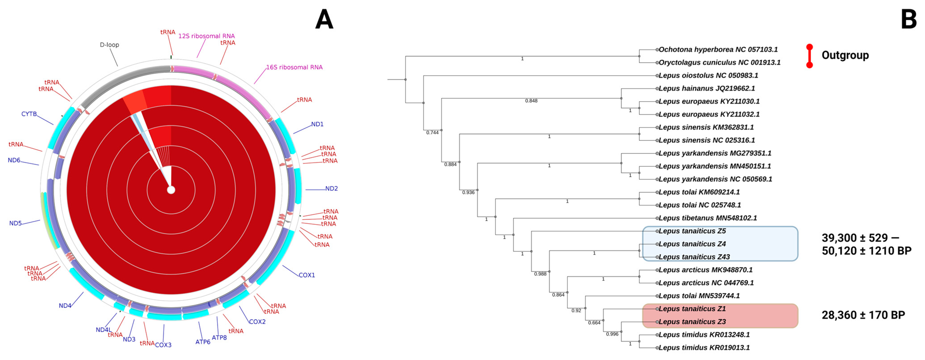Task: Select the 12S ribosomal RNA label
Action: pos(207,36)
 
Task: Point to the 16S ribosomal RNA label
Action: pos(294,67)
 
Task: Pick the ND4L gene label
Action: pos(104,329)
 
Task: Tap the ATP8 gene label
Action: pos(219,337)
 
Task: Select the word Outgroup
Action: pos(845,55)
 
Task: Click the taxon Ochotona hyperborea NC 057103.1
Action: pos(718,50)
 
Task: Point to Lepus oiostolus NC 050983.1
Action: pos(708,75)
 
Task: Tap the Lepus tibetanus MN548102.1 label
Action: pos(708,218)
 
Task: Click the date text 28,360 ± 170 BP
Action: pos(863,315)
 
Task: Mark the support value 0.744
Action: pos(432,133)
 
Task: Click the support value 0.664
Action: pos(594,323)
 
